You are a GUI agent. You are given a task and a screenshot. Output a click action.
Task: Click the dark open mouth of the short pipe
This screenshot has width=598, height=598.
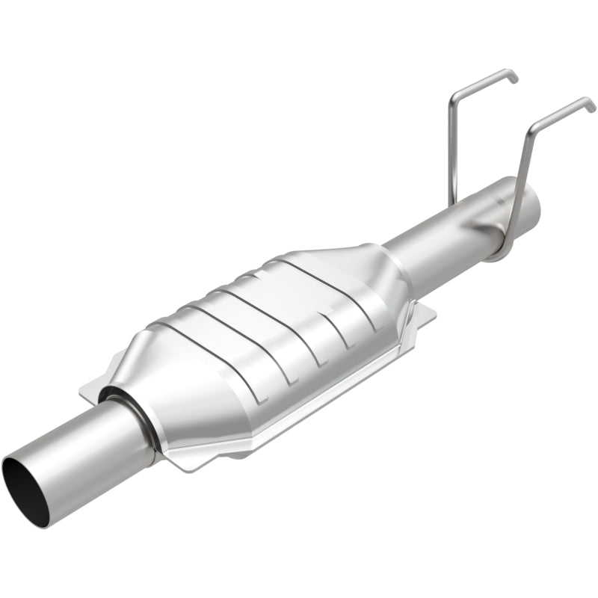[25, 490]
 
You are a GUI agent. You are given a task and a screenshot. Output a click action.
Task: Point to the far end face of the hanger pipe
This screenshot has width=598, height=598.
[531, 200]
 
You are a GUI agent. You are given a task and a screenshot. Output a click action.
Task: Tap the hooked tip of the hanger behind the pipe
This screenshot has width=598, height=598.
[512, 76]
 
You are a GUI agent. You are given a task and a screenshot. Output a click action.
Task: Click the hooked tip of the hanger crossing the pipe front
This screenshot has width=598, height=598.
[591, 105]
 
